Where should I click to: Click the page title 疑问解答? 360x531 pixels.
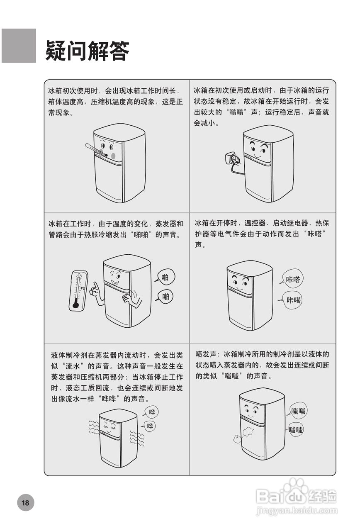point(88,51)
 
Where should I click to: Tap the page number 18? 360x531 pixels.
point(25,503)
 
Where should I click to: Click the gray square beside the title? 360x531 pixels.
point(19,46)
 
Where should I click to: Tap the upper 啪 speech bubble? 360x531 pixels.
point(165,277)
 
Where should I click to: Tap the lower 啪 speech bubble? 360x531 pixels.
point(165,296)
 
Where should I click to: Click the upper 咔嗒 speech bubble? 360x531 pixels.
point(293,280)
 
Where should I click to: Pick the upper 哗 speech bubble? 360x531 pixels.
point(152,412)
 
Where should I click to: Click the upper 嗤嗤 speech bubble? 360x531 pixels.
point(298,411)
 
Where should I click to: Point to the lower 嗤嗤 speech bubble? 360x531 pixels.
point(296,430)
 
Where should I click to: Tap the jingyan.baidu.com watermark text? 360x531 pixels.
point(296,511)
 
